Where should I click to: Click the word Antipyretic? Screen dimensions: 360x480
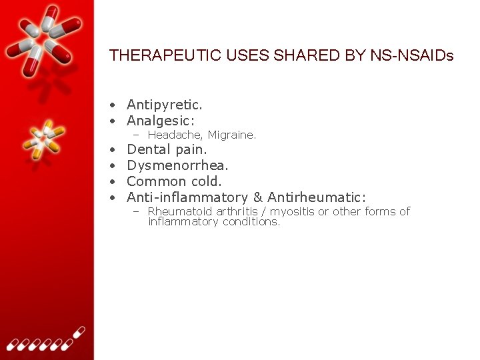click(164, 105)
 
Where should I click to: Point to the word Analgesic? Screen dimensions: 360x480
click(160, 121)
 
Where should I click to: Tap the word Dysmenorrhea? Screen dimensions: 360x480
click(177, 165)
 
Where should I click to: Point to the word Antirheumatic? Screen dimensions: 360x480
click(317, 197)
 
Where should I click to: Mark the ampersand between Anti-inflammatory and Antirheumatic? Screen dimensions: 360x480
click(259, 197)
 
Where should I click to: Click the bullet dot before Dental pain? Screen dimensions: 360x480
click(115, 150)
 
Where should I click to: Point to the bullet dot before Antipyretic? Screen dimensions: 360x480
click(115, 105)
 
